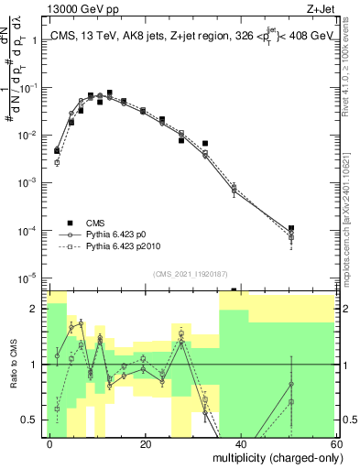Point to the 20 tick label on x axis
146,442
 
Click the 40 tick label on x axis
241,442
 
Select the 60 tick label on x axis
335,442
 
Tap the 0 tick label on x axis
50,442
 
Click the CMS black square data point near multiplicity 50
290,228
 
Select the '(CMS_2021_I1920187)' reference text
190,273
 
